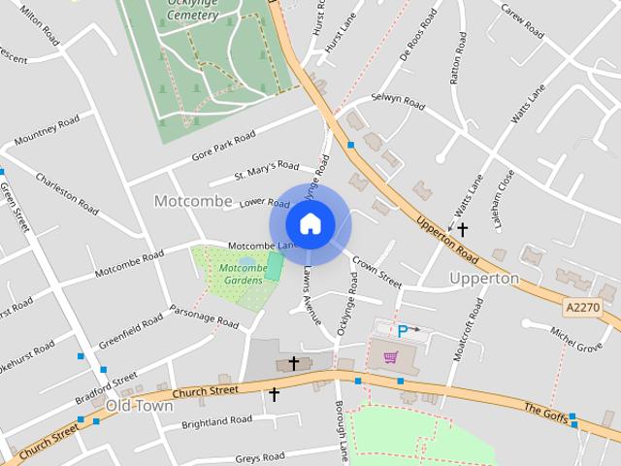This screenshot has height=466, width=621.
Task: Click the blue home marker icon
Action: coord(310,223)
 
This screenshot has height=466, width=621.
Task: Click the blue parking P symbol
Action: coord(403,331)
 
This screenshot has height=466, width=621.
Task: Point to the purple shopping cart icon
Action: coord(390,357)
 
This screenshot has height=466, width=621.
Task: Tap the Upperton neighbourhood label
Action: coord(484,278)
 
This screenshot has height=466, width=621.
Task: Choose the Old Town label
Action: coord(139,405)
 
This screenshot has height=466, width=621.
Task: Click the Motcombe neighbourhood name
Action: coord(193,201)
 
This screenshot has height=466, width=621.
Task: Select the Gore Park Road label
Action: coord(223,144)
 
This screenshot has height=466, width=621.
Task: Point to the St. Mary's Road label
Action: coord(267,172)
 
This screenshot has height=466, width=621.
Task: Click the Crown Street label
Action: coord(376,272)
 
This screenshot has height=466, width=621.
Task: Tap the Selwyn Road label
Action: coord(399,102)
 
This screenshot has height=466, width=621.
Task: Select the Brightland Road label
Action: coord(216,421)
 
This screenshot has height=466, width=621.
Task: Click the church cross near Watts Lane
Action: coord(463,230)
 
